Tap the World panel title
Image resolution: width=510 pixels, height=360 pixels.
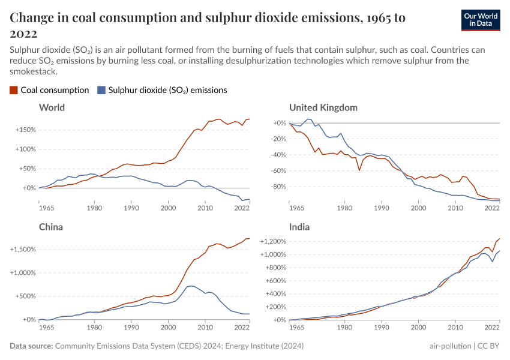click(x=52, y=108)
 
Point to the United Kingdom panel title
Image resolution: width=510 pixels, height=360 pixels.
click(x=323, y=108)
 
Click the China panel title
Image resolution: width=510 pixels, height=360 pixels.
click(x=50, y=227)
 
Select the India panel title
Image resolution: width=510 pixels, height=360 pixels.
click(x=300, y=227)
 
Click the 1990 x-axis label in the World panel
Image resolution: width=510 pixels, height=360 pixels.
click(x=131, y=208)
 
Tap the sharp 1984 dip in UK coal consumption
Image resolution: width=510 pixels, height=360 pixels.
click(x=359, y=170)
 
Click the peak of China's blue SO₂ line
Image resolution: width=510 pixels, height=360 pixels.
click(x=190, y=286)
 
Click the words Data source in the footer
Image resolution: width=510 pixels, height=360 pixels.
click(x=31, y=346)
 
